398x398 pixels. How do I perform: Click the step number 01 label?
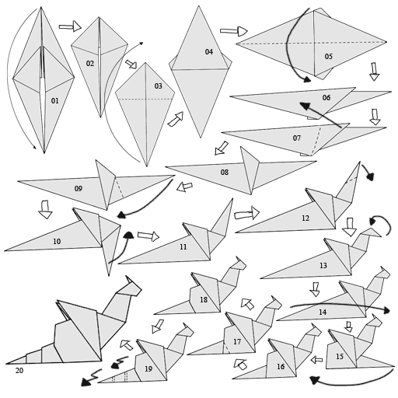click(54, 101)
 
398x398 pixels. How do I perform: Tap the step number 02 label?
click(90, 64)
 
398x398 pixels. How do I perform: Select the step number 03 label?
click(158, 86)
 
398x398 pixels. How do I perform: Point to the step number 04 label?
click(208, 52)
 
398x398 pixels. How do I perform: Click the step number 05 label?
click(328, 57)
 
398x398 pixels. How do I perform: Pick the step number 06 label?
click(326, 98)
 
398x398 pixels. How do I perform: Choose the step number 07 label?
click(296, 138)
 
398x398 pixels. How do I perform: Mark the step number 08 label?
click(224, 173)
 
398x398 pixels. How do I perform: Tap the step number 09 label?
click(78, 189)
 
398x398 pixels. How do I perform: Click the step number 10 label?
click(56, 242)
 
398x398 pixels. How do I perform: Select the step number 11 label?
click(183, 247)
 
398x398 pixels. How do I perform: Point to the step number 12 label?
click(305, 218)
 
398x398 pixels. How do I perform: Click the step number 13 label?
click(323, 266)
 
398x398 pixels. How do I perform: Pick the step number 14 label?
click(322, 312)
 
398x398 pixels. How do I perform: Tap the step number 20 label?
click(19, 371)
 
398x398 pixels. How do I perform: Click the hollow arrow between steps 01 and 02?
click(69, 26)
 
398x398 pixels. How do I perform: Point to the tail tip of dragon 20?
click(8, 362)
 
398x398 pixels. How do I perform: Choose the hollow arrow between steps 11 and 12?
click(246, 213)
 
